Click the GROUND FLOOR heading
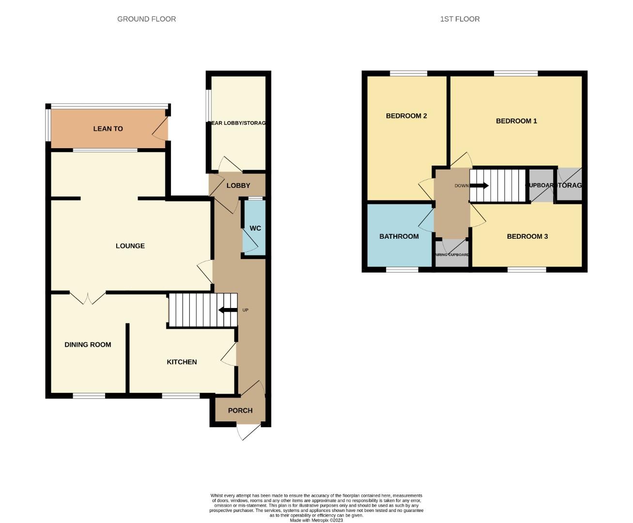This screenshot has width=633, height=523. (x=146, y=19)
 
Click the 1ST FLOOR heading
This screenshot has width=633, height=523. (x=460, y=19)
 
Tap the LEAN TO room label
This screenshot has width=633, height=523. (x=108, y=129)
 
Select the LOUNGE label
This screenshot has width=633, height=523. (x=130, y=246)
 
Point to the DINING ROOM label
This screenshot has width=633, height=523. (x=88, y=345)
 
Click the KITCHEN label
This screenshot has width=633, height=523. (x=182, y=362)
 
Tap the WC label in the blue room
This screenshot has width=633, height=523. (x=255, y=228)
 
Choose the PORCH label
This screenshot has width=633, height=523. (x=240, y=411)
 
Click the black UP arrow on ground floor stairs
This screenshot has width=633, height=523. (x=228, y=310)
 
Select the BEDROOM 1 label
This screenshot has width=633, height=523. (x=516, y=121)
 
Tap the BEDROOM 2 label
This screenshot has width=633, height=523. (x=406, y=116)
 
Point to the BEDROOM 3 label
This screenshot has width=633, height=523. (x=527, y=236)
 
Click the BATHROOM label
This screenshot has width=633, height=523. (x=399, y=236)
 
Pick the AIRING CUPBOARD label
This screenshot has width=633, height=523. (x=452, y=255)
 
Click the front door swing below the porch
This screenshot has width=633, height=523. (x=245, y=432)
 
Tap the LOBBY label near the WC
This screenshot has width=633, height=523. (x=238, y=185)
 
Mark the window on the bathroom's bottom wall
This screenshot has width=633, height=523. (x=402, y=270)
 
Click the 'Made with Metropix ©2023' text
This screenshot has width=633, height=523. (x=316, y=520)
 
